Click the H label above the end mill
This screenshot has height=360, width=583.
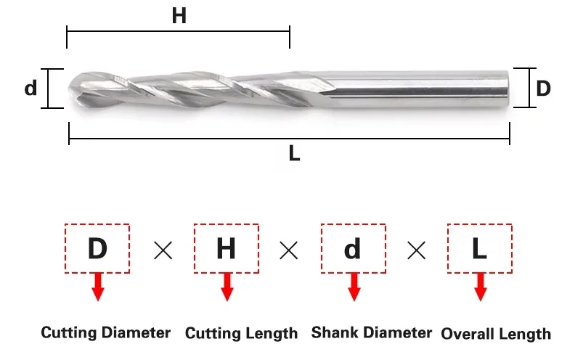point(179,16)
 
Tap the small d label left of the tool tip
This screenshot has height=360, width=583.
point(30,89)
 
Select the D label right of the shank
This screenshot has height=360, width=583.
point(543,89)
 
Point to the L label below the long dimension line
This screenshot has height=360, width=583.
point(294,154)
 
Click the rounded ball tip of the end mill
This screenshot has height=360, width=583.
point(75,89)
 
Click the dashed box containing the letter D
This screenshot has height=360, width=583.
point(97,249)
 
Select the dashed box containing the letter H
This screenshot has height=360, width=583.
point(226,249)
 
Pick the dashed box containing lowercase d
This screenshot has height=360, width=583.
point(353,249)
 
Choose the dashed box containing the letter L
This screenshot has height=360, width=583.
point(479,249)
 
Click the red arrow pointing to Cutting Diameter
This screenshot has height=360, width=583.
point(98,288)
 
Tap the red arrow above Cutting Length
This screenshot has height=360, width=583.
point(227,288)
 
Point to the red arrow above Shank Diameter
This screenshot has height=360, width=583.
point(354,288)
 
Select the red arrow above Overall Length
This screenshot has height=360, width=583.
point(480,288)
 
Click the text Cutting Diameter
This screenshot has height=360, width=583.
point(106,333)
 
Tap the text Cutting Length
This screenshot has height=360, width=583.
point(241,334)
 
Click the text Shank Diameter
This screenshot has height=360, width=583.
point(372,333)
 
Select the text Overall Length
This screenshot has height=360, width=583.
point(496,334)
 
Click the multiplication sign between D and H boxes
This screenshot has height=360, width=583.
point(163,251)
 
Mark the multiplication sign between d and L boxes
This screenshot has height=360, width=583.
point(416,251)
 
